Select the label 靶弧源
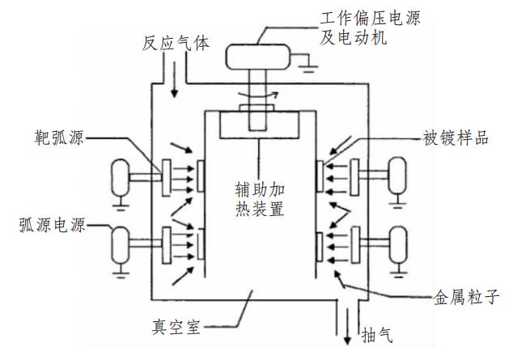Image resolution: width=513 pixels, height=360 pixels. (59, 138)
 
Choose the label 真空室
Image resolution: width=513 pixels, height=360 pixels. (178, 328)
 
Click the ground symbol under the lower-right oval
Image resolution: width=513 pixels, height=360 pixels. (396, 271)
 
